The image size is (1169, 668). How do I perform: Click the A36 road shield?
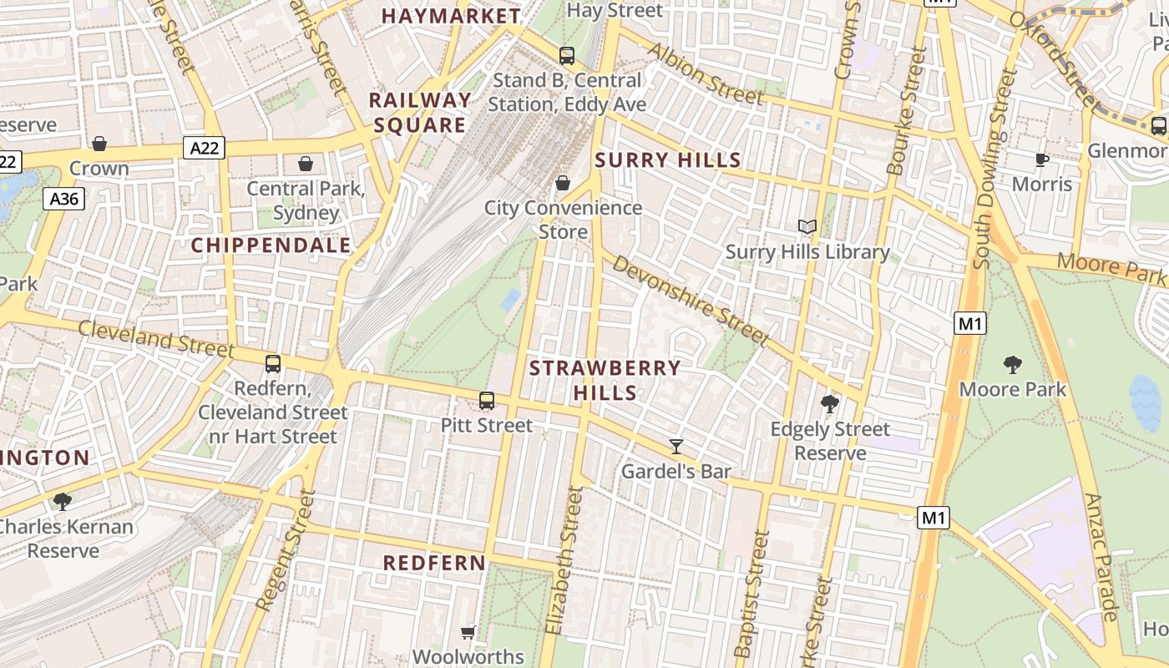64,199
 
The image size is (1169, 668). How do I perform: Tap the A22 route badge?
205,149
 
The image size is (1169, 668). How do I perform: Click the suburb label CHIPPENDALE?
271,245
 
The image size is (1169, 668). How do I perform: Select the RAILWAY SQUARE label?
420,113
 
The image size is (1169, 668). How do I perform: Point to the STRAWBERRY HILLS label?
605,380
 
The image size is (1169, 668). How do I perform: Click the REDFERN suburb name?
434,563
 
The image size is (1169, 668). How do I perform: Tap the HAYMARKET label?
451,16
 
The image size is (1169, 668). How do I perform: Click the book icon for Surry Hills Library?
807,226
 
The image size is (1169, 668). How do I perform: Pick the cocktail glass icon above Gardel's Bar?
676,447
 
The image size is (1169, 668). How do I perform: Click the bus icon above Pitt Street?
487,401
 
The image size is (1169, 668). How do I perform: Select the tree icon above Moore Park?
1013,364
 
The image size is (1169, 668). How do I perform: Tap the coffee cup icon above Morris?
1041,159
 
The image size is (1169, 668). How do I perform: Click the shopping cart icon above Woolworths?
468,632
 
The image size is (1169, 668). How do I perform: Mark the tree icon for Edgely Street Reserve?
830,404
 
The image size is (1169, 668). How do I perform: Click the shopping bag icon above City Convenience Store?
563,182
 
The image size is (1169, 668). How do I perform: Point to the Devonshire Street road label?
690,300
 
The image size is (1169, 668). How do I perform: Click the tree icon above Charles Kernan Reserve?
62,501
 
